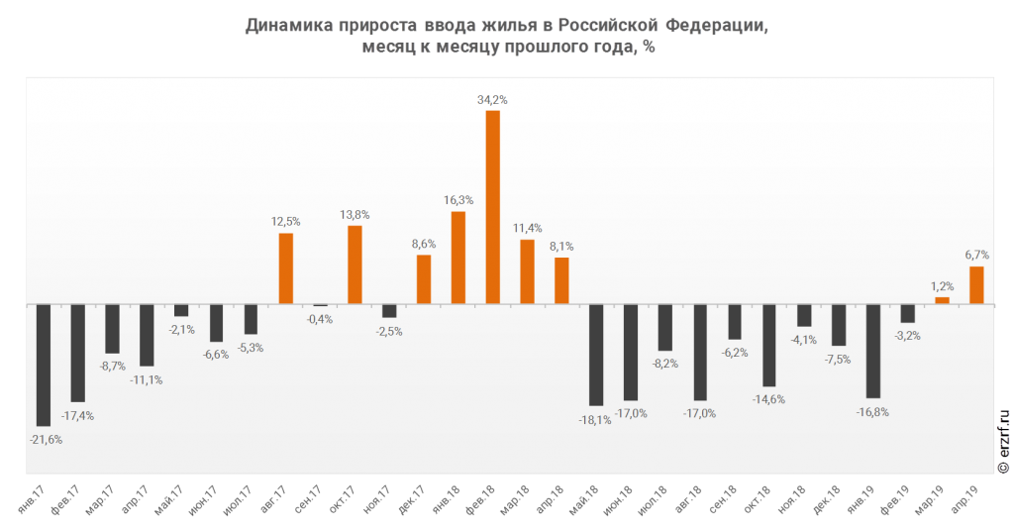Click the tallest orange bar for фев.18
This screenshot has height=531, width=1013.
492,207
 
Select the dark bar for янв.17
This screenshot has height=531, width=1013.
44,365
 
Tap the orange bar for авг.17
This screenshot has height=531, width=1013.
285,268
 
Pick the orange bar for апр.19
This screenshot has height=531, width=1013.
976,285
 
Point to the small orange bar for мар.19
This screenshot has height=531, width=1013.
942,300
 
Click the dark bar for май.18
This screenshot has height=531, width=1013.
596,356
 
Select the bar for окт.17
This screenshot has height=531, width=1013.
355,265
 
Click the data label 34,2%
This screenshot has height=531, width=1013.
492,100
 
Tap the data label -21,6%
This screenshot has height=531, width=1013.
46,440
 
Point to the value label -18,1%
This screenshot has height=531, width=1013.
594,420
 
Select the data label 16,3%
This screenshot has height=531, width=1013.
458,201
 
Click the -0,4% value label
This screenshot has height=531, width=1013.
320,319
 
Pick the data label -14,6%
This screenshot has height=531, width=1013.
768,400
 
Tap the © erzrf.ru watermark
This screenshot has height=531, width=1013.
1003,441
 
